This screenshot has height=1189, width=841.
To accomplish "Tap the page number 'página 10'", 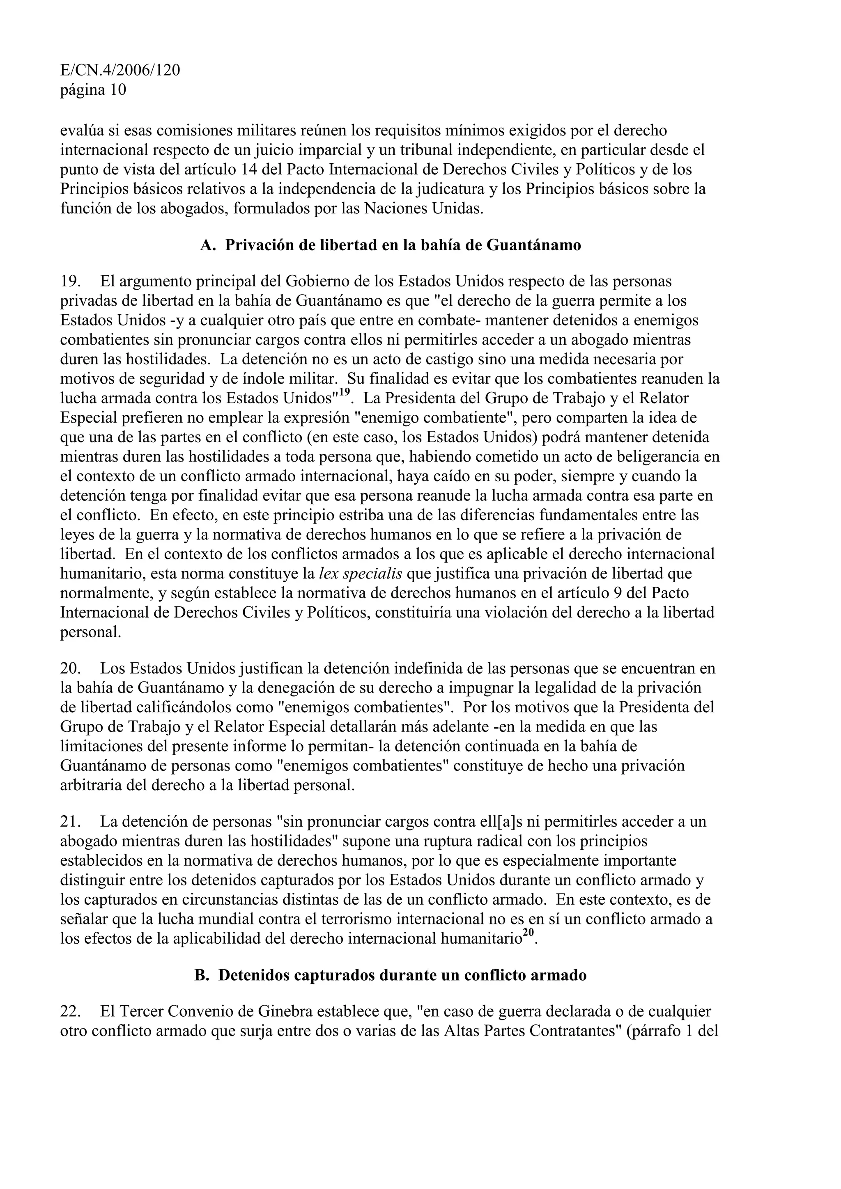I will (x=93, y=90).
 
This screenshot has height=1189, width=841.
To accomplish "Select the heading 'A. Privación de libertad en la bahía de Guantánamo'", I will (x=390, y=245).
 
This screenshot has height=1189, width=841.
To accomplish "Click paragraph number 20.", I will (x=71, y=668).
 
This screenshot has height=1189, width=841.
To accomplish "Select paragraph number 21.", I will (x=71, y=822).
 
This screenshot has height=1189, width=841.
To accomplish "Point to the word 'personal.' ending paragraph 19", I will (x=91, y=632).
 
